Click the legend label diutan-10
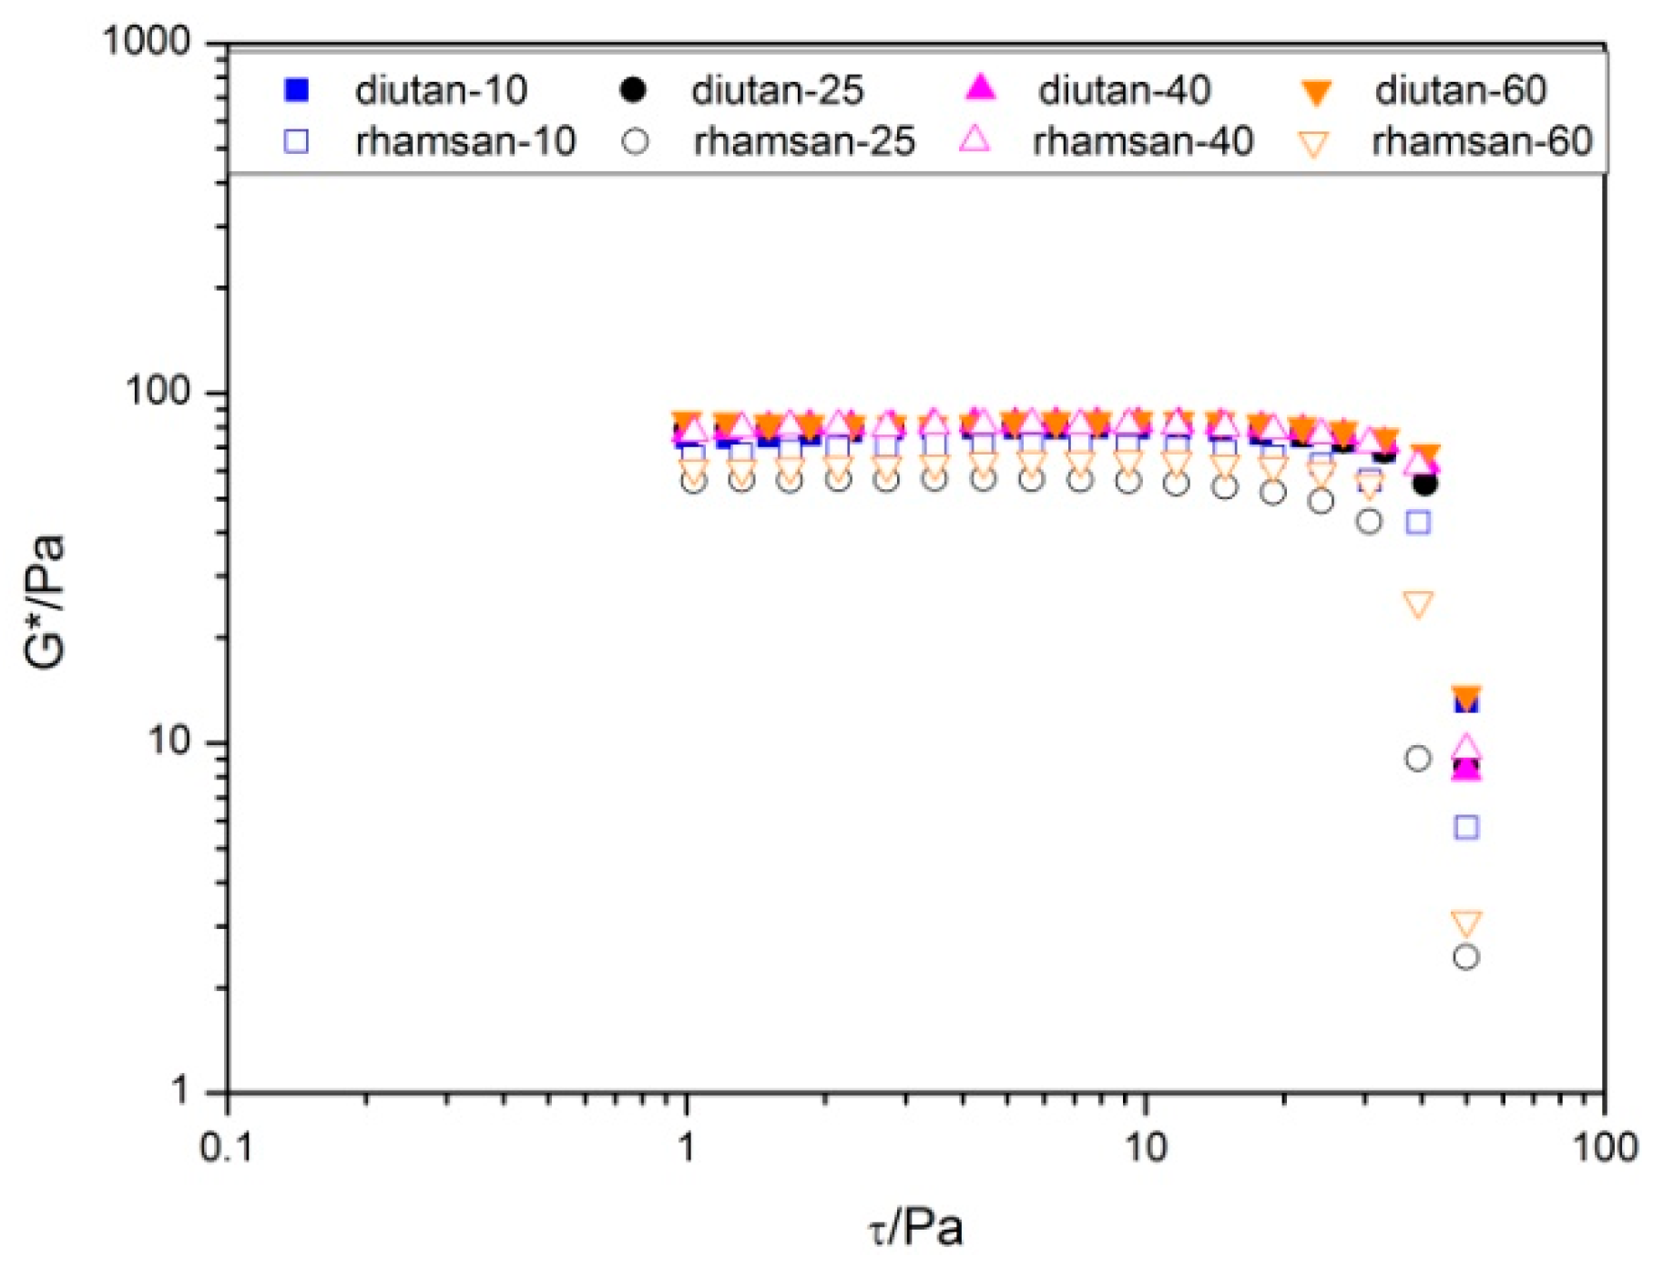pyautogui.click(x=441, y=90)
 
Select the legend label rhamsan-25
pyautogui.click(x=803, y=141)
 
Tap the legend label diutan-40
pyautogui.click(x=1124, y=90)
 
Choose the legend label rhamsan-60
pyautogui.click(x=1482, y=141)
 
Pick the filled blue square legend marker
pyautogui.click(x=297, y=89)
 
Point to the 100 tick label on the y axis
pyautogui.click(x=158, y=391)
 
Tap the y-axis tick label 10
pyautogui.click(x=168, y=741)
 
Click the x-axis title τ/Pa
pyautogui.click(x=914, y=1228)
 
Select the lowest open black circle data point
pyautogui.click(x=1465, y=956)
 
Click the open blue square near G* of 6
pyautogui.click(x=1465, y=827)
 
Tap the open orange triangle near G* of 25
pyautogui.click(x=1418, y=604)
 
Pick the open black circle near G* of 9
pyautogui.click(x=1417, y=758)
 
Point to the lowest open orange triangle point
pyautogui.click(x=1465, y=923)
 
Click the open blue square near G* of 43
pyautogui.click(x=1418, y=522)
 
